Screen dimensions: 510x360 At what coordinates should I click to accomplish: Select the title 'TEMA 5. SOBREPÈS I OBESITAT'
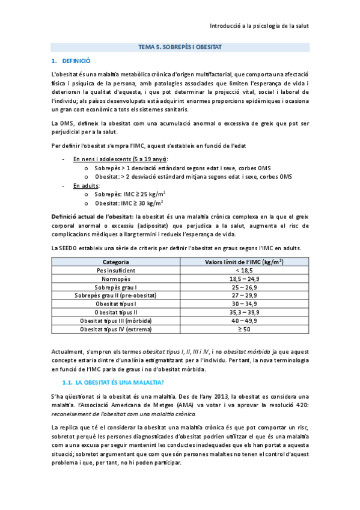point(180,46)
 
